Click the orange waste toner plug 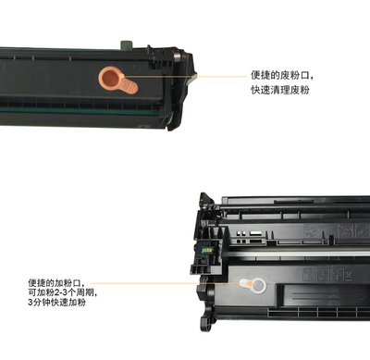coord(117,81)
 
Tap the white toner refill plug coord(253,285)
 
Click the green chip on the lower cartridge coord(207,251)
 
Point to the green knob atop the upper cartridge coord(127,44)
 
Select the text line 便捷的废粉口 coord(282,75)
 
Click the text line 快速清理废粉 coord(279,90)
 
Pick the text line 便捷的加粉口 coord(56,282)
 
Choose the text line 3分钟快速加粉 coord(56,303)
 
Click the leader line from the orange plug coord(185,76)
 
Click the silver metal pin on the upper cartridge coord(177,57)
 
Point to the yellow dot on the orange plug coord(122,76)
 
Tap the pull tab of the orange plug coord(129,86)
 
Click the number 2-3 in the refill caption coord(60,292)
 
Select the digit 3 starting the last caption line coord(31,303)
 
